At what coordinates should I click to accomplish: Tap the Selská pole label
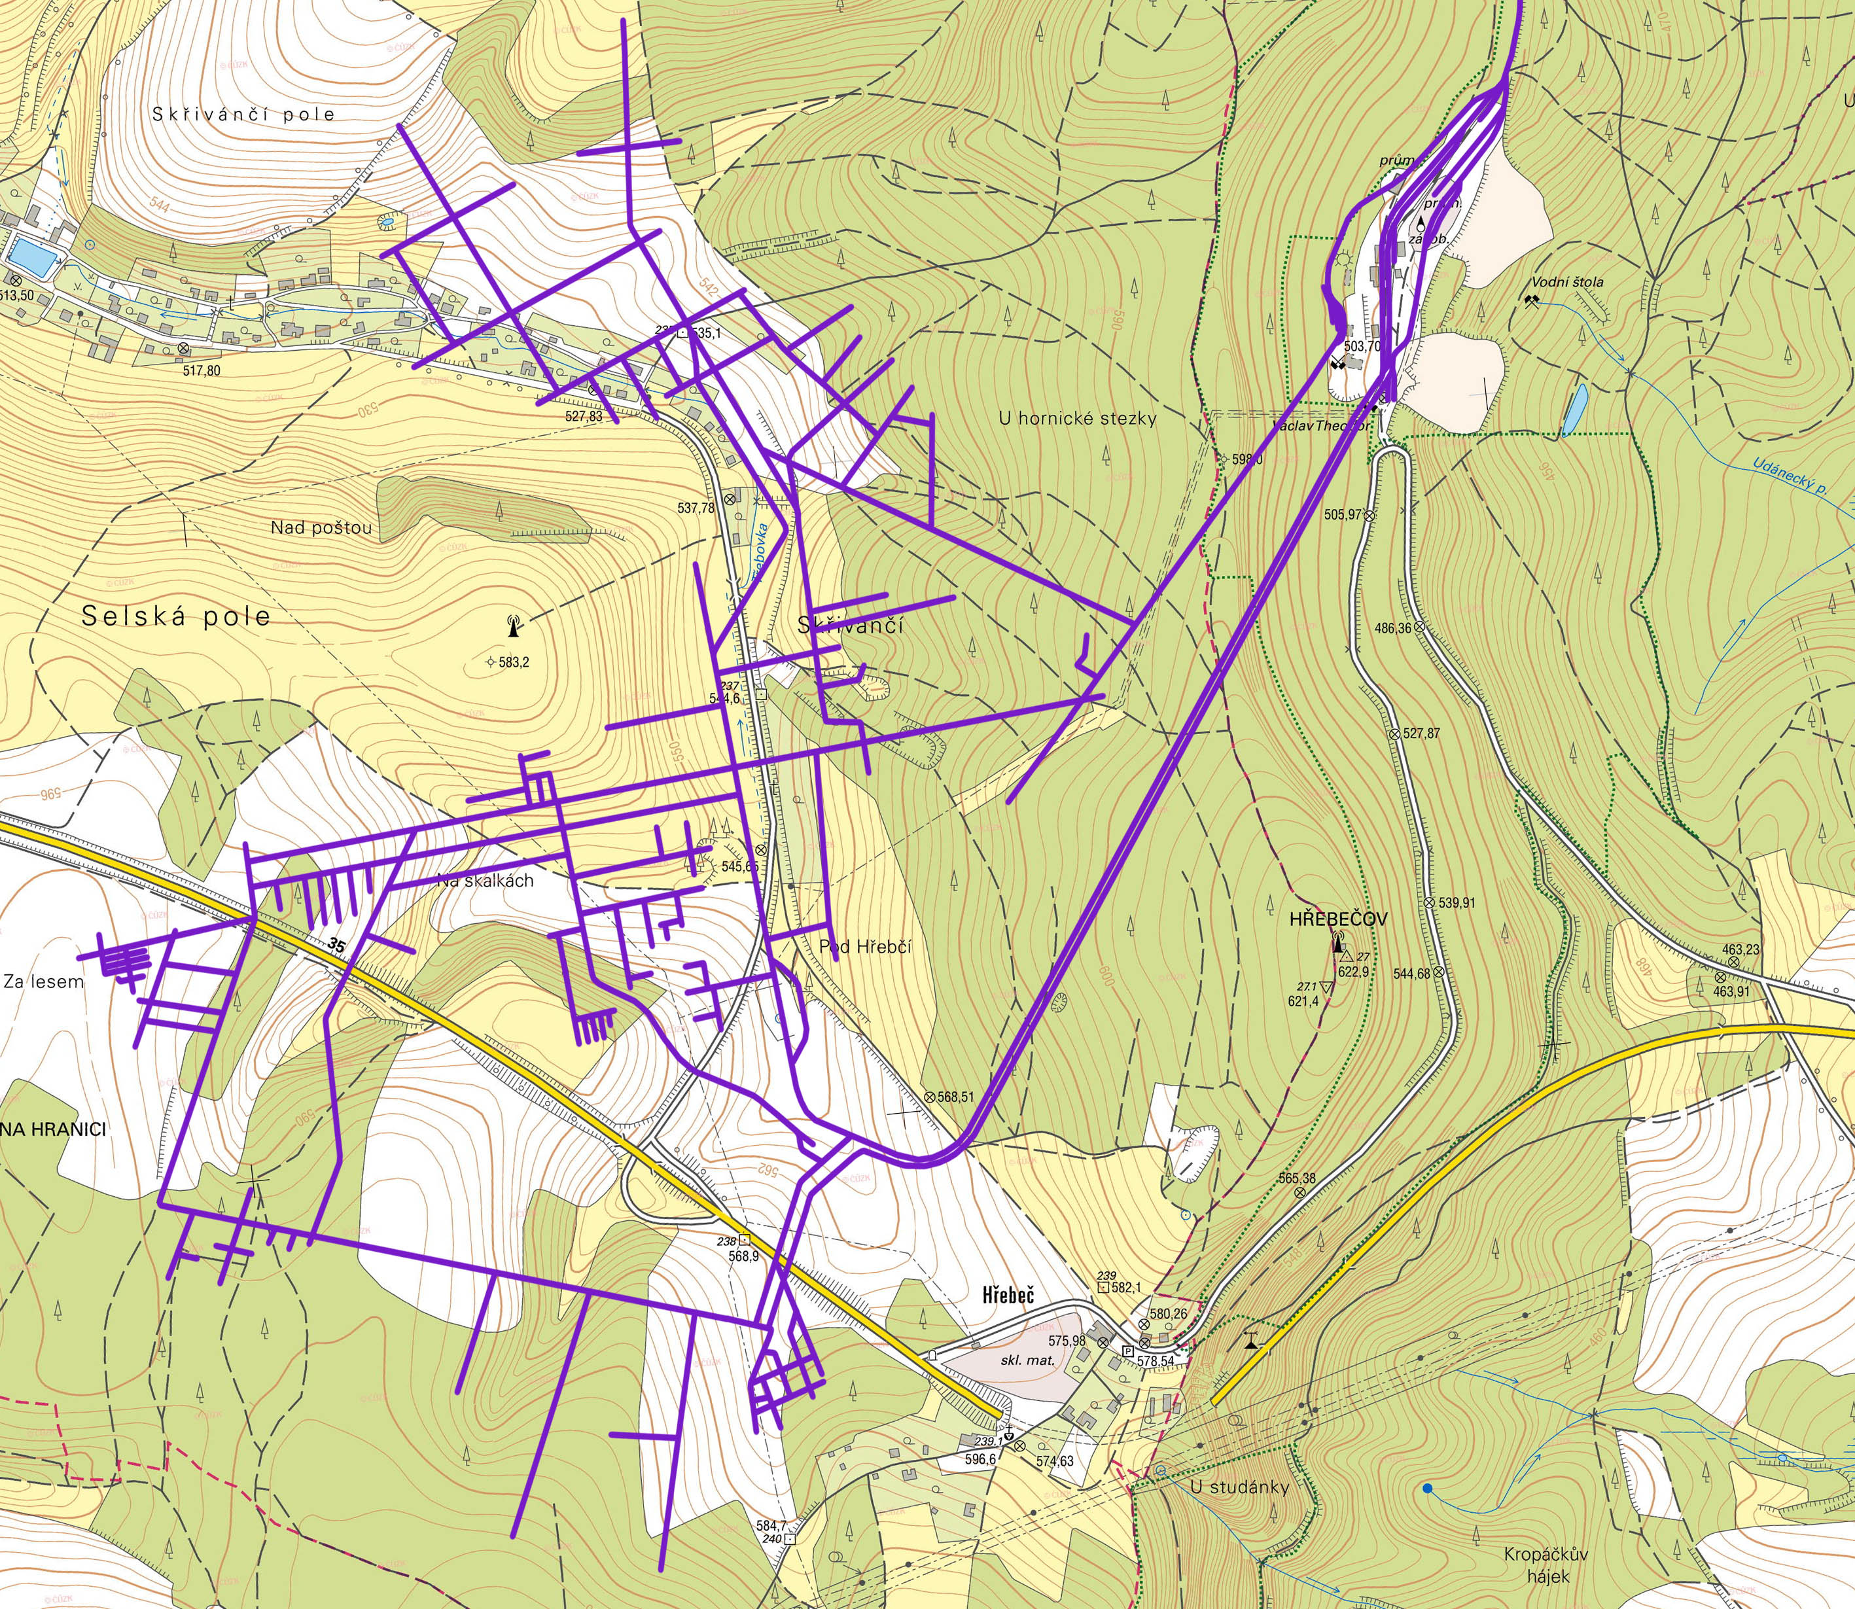point(175,616)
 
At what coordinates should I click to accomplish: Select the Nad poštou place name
point(321,528)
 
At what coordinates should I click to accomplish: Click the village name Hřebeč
point(1008,1295)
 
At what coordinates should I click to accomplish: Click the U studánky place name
point(1239,1487)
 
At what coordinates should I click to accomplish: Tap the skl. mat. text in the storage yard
point(1028,1360)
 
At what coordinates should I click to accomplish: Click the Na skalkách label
point(486,881)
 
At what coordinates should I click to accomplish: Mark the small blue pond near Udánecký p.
point(1573,410)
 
